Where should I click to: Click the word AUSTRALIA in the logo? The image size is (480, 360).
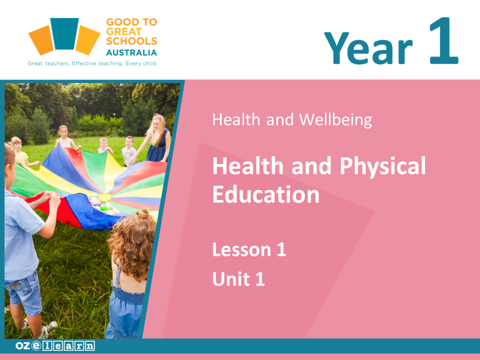pos(131,52)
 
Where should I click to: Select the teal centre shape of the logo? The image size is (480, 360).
pos(64,33)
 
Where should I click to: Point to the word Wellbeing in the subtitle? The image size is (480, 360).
pos(335,119)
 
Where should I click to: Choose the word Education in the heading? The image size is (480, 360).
pos(266,194)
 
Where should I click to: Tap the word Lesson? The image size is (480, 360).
pos(242,249)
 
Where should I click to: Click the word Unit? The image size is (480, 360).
pos(231,278)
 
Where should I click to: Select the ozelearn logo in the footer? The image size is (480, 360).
pos(55,346)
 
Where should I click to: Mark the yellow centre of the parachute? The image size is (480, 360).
pos(105,197)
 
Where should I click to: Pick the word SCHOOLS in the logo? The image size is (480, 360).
pos(131,41)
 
